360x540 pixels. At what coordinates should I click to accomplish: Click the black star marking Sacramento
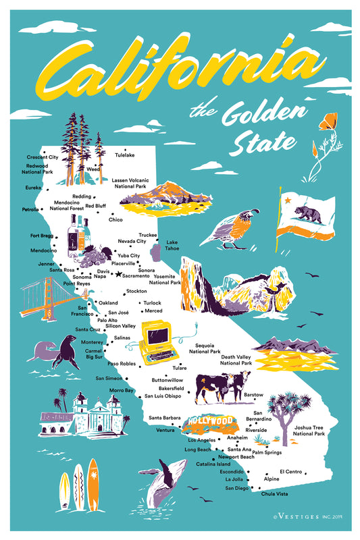pyautogui.click(x=119, y=275)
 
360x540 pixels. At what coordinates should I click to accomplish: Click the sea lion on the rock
pyautogui.click(x=57, y=352)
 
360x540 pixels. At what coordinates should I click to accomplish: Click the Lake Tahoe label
pyautogui.click(x=172, y=245)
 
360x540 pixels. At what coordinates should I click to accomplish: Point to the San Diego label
pyautogui.click(x=236, y=487)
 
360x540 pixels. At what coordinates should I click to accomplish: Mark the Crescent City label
pyautogui.click(x=43, y=157)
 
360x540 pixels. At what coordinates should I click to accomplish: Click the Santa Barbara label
pyautogui.click(x=163, y=417)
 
